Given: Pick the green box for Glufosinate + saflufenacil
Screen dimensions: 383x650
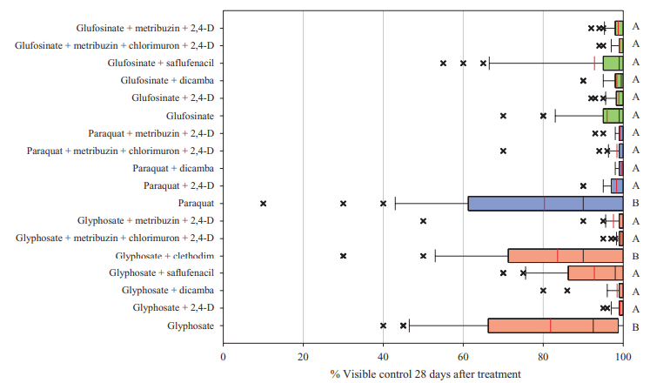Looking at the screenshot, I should tap(613, 63).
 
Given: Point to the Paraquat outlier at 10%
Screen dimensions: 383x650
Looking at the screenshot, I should tap(263, 203).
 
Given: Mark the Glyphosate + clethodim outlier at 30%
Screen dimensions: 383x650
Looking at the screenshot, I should tap(343, 256).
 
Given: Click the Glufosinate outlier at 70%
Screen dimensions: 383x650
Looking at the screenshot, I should tap(503, 115).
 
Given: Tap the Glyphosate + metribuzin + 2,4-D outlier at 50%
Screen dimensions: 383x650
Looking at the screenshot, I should tap(423, 220).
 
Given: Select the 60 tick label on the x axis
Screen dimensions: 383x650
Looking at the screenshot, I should tap(463, 357).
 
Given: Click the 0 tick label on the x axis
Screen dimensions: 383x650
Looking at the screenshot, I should tap(224, 357).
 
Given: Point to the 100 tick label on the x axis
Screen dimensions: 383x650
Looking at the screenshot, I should tap(622, 357).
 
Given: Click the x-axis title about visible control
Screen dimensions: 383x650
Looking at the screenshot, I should tap(425, 373).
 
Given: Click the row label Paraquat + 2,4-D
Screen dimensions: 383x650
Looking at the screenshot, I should tap(179, 185).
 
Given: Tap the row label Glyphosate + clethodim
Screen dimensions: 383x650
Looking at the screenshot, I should tap(164, 256).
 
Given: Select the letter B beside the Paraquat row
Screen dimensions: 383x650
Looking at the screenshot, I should tap(636, 203).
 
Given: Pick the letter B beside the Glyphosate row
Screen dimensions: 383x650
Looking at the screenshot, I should tap(636, 326).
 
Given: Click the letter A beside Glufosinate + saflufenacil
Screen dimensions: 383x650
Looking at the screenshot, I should tap(636, 63).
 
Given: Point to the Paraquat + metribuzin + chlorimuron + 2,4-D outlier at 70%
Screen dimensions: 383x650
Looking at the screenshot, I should tap(503, 151).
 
